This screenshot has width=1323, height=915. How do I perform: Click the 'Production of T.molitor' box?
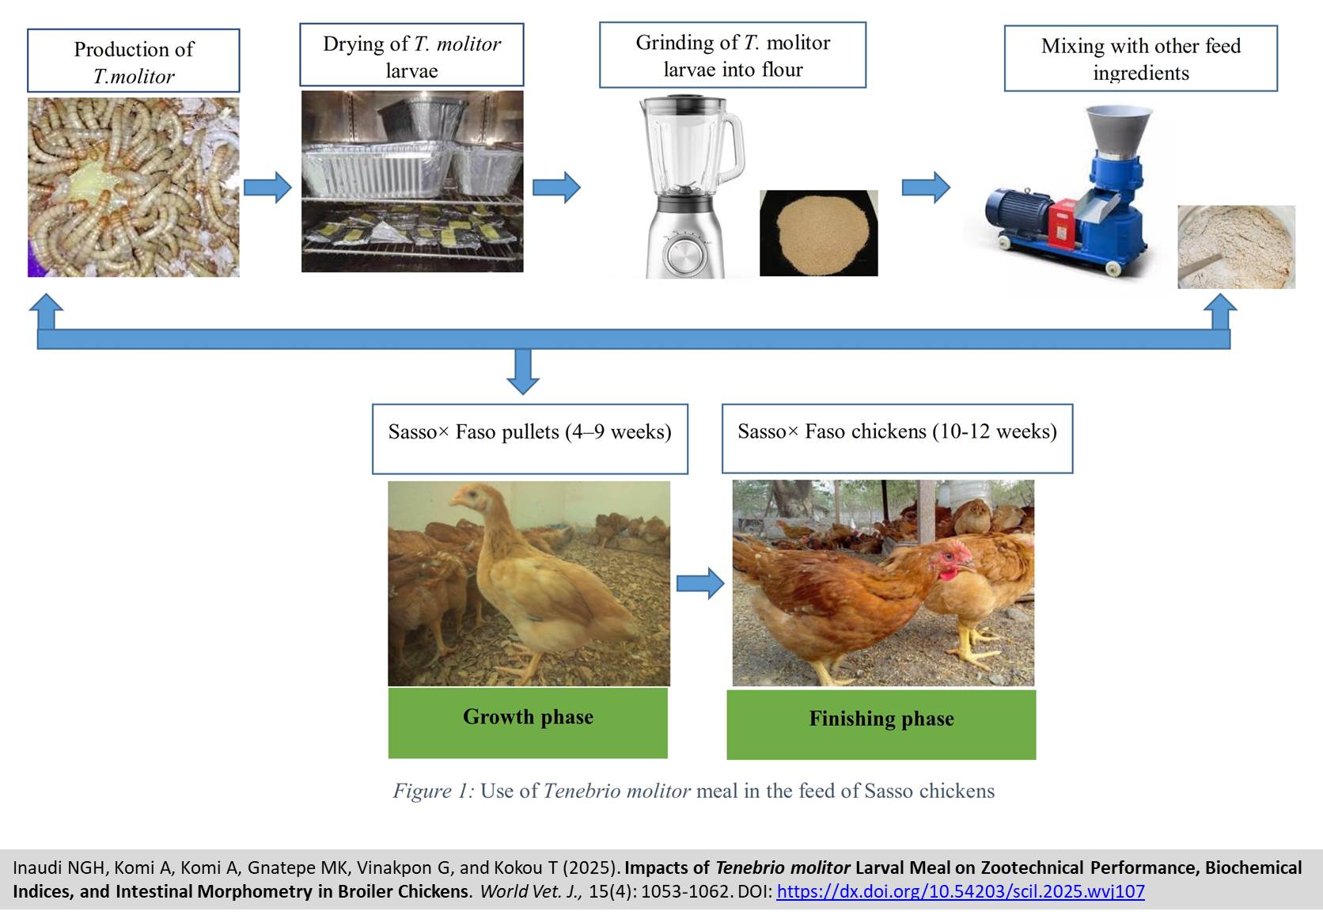click(x=134, y=62)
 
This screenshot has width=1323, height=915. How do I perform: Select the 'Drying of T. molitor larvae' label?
click(x=411, y=55)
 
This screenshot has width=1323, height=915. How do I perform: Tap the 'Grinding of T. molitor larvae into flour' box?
click(x=733, y=55)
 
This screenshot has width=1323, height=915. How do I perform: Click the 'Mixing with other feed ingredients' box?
click(x=1140, y=59)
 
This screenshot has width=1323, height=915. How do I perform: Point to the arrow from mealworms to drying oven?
click(x=267, y=188)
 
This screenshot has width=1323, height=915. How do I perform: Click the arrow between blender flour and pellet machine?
click(x=926, y=188)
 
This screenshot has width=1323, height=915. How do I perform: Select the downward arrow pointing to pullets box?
click(x=522, y=371)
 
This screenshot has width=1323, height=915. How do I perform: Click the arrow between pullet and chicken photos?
click(x=700, y=584)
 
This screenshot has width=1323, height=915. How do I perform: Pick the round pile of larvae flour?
click(x=818, y=230)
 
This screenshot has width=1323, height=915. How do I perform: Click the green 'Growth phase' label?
click(x=528, y=722)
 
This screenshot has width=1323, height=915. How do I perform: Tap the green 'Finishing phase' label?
click(x=881, y=723)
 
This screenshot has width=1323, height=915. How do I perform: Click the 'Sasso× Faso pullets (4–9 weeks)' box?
click(x=529, y=439)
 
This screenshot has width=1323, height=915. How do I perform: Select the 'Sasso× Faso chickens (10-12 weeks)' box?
click(x=897, y=439)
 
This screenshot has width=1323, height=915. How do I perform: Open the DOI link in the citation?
click(x=960, y=891)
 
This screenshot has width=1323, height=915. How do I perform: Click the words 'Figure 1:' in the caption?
click(x=433, y=791)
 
